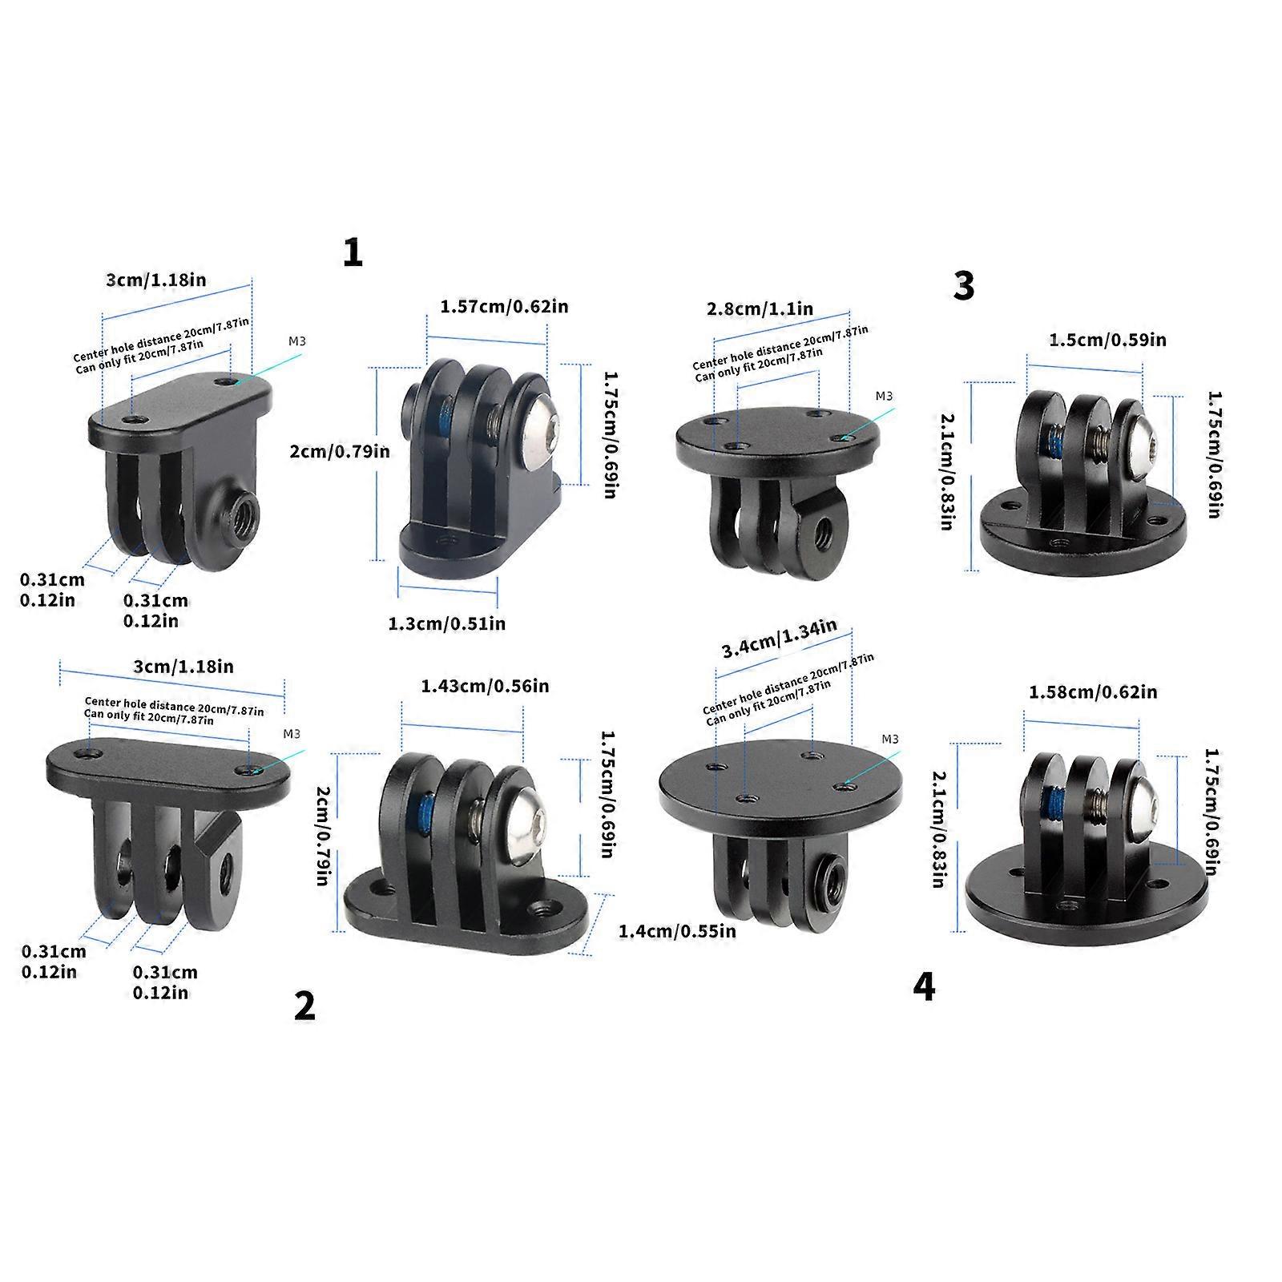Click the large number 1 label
tap(353, 254)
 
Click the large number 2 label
tap(304, 1006)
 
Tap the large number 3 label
tap(964, 286)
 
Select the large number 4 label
tap(924, 987)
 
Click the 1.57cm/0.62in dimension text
tap(505, 306)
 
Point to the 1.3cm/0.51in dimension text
tap(447, 623)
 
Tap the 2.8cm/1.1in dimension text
tap(760, 308)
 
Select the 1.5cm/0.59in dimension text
tap(1108, 340)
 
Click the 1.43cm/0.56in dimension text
tap(485, 686)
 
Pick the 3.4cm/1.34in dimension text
tap(779, 639)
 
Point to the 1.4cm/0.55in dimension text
tap(677, 931)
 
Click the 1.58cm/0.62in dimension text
tap(1093, 691)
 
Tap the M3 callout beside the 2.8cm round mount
tap(884, 396)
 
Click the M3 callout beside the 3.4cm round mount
tap(889, 740)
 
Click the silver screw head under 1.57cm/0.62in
tap(538, 437)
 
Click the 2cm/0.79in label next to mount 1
tap(340, 452)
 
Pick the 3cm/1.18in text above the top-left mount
tap(156, 280)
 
